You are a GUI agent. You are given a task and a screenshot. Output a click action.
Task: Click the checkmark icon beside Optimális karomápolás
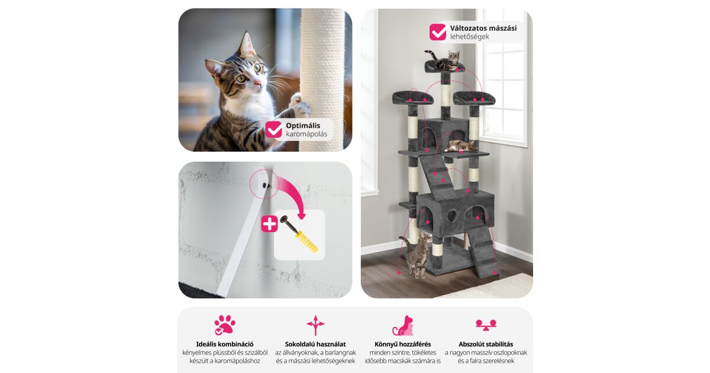click(273, 130)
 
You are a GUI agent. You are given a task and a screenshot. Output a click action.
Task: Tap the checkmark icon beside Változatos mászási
click(438, 32)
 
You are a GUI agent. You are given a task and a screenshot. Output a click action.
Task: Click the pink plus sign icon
click(269, 224)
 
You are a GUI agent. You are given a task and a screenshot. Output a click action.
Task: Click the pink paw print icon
click(225, 325)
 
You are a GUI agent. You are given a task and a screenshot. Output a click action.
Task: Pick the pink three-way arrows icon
click(315, 325)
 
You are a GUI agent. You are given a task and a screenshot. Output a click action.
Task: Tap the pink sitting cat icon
click(403, 326)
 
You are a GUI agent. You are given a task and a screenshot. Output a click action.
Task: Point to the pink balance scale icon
click(486, 325)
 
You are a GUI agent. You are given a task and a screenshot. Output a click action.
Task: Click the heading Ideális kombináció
click(225, 344)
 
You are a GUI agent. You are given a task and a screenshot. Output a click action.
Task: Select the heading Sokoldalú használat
click(315, 344)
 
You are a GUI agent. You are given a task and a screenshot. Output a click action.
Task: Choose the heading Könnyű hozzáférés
click(402, 344)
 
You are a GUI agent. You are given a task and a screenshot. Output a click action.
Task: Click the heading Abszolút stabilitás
click(486, 344)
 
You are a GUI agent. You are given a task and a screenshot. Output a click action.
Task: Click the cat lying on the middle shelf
click(461, 146)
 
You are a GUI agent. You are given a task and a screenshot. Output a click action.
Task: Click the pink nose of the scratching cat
click(257, 83)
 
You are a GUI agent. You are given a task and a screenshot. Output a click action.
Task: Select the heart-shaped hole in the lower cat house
click(451, 216)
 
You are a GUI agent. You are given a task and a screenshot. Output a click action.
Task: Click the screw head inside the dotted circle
click(264, 185)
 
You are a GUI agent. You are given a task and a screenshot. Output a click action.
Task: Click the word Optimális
click(303, 126)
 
